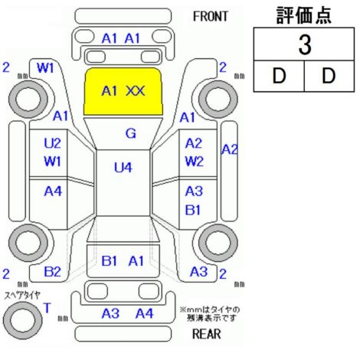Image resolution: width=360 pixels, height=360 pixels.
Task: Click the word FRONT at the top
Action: [x=210, y=17]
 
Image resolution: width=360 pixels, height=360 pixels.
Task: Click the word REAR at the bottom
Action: [x=206, y=334]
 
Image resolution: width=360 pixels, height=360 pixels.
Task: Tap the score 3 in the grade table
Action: [x=305, y=45]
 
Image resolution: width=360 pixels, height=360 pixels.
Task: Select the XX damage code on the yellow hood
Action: [x=136, y=91]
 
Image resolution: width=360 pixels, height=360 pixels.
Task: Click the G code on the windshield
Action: [x=131, y=133]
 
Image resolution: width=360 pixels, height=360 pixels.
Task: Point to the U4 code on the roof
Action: [x=123, y=168]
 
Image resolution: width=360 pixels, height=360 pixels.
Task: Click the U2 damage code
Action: [x=52, y=143]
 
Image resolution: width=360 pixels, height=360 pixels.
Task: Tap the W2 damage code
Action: [x=194, y=161]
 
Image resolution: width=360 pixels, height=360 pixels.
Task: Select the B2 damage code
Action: [x=52, y=272]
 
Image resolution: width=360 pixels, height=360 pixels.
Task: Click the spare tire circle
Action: [x=22, y=320]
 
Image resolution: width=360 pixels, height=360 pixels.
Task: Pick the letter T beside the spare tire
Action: [x=47, y=308]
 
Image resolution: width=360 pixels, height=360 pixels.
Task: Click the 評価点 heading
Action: [x=304, y=15]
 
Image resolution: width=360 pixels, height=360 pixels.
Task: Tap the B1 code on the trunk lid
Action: [x=110, y=261]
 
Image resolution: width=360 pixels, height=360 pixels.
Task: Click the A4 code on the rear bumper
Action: [x=145, y=313]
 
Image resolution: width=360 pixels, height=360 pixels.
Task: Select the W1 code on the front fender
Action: [x=45, y=68]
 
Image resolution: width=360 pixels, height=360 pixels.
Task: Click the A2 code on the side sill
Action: [x=229, y=149]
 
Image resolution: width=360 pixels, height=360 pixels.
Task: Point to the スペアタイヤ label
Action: [x=22, y=296]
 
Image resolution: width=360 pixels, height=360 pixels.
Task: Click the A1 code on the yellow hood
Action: [x=110, y=91]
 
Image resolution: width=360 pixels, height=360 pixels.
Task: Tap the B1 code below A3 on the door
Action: [x=193, y=210]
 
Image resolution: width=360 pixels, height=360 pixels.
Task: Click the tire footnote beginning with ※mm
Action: [x=210, y=314]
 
